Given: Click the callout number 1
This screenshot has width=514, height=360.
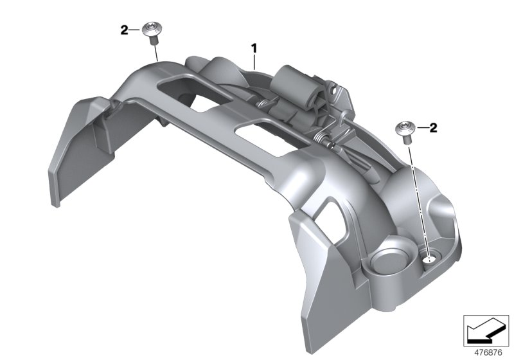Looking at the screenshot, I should pyautogui.click(x=254, y=48).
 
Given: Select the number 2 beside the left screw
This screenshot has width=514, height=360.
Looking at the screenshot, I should pyautogui.click(x=125, y=29).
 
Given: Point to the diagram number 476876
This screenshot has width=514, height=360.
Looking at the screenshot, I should pyautogui.click(x=488, y=352).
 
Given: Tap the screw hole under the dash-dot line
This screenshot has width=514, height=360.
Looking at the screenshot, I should pyautogui.click(x=429, y=260).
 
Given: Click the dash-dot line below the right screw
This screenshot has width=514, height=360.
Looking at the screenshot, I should pyautogui.click(x=417, y=193).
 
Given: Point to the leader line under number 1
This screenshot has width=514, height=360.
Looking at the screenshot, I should pyautogui.click(x=254, y=61).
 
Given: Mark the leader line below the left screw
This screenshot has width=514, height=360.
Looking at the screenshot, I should pyautogui.click(x=155, y=51).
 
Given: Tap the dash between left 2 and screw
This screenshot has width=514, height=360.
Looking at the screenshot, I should pyautogui.click(x=136, y=29).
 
